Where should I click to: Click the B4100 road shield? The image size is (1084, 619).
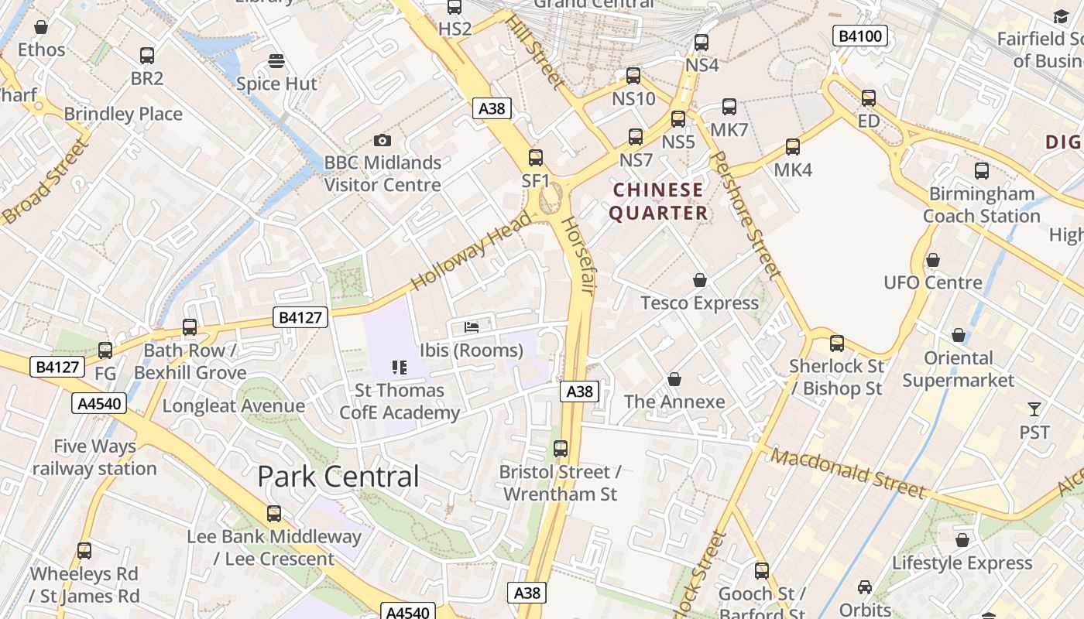[860, 36]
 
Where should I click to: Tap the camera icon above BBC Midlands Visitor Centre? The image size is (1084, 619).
[382, 140]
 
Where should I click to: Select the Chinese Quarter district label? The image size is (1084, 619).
[658, 201]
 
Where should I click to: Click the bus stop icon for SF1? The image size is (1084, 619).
[536, 158]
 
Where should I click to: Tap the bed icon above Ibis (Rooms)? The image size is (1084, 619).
[472, 327]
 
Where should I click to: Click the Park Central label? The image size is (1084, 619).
[338, 477]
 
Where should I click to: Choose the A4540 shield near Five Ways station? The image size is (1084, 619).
[101, 403]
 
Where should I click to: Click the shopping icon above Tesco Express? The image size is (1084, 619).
[700, 280]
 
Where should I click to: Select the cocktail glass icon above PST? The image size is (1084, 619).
[1034, 409]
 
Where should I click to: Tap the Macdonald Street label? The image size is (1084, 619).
[848, 473]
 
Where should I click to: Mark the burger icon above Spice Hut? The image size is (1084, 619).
[276, 60]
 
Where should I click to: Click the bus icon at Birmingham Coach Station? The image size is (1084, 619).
[982, 171]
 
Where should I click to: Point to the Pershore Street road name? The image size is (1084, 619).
[745, 215]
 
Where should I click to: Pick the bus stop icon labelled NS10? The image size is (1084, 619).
[633, 76]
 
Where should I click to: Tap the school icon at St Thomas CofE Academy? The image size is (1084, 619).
[400, 368]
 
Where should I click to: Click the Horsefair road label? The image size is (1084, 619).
[578, 256]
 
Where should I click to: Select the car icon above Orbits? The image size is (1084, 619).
[865, 587]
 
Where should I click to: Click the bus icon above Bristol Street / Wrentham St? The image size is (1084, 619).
[561, 449]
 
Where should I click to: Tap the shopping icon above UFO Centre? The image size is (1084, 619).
[933, 260]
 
